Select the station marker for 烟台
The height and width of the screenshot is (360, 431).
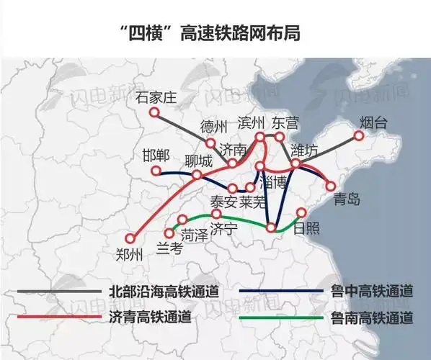tap(359, 135)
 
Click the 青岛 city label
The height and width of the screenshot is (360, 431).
tap(347, 199)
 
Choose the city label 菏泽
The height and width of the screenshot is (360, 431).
tap(195, 235)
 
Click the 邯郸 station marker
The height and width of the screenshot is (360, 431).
tap(156, 171)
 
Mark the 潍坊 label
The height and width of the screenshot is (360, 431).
tap(303, 151)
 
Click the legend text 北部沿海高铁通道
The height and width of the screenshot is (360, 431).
tap(163, 292)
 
